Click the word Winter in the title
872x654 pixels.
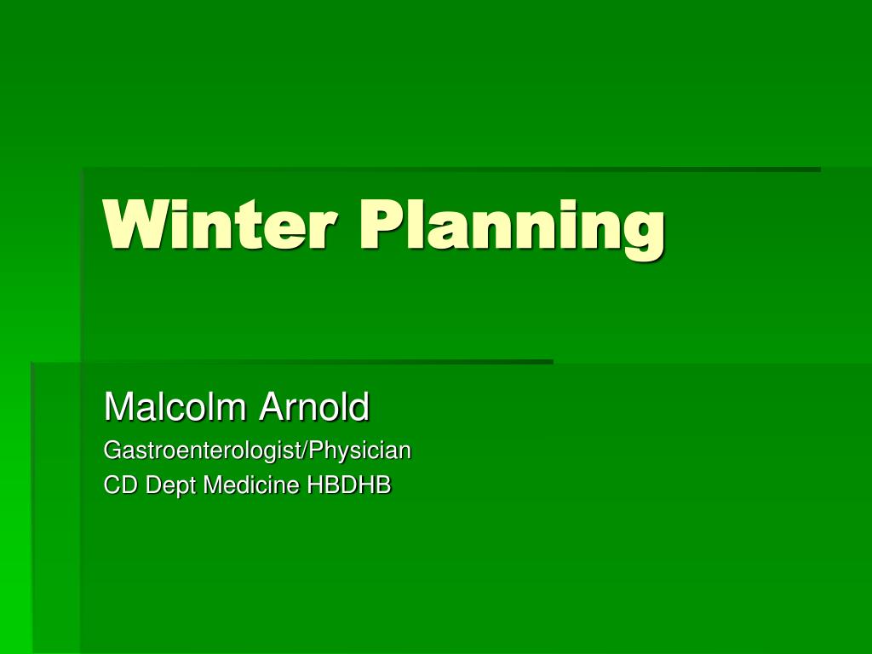pos(220,225)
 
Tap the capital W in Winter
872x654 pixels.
pos(130,225)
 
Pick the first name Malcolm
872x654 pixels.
pos(176,407)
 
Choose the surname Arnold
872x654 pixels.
pos(314,407)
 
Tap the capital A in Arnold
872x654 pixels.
pos(270,407)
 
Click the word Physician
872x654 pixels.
pos(364,450)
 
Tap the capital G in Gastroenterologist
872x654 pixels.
pos(111,450)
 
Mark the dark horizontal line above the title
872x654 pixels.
pos(451,169)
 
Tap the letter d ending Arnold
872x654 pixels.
pos(361,407)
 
